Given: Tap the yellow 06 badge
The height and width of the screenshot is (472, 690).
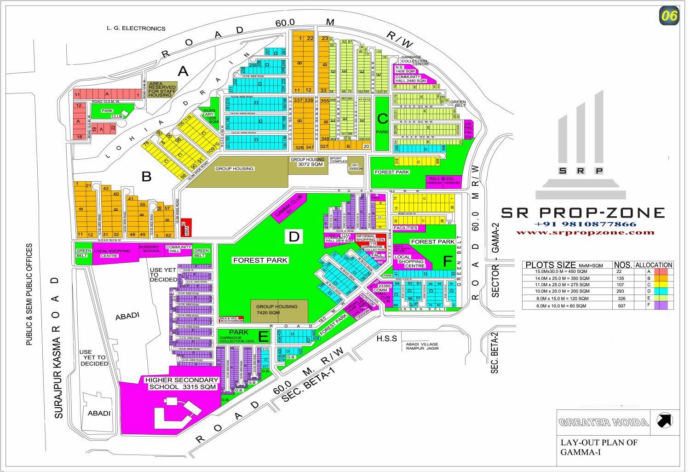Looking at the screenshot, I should point(669,16).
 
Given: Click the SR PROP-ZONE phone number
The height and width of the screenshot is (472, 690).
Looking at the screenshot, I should point(585,224).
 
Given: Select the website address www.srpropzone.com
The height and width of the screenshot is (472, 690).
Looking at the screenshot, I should point(585,232).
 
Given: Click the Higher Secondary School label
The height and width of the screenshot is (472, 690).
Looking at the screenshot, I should point(181,383).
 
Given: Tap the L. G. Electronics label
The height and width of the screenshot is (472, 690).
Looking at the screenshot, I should point(136,29).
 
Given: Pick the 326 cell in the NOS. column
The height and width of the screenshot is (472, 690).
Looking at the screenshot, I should point(622,298).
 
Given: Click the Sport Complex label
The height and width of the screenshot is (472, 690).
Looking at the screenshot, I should point(339,161).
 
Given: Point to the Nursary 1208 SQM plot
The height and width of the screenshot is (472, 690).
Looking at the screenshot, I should point(210,115).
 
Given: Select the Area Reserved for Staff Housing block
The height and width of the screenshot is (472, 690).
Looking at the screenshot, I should point(162,89).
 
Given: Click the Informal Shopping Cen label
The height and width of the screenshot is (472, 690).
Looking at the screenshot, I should point(370,238).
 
